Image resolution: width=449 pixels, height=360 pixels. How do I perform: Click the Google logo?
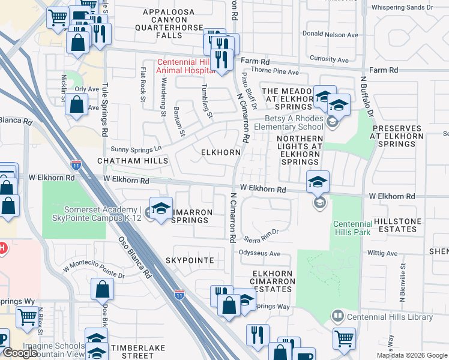tap(19, 353)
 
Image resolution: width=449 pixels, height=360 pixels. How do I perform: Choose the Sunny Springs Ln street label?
tap(137, 148)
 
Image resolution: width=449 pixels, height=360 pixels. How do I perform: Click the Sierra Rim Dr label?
tap(262, 233)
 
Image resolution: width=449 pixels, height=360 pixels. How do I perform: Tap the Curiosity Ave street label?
tap(330, 59)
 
